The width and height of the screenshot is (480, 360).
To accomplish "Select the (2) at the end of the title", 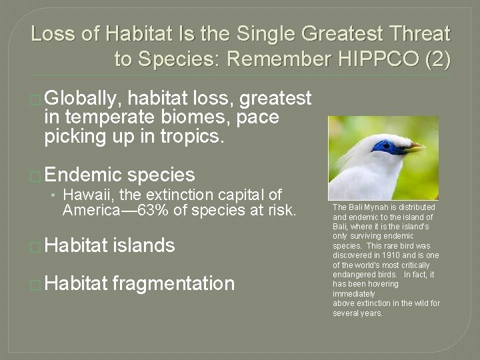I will click(x=437, y=59).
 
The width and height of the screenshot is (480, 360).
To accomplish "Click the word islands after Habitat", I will click(x=144, y=245).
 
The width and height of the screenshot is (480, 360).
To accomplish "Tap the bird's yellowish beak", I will click(x=414, y=147).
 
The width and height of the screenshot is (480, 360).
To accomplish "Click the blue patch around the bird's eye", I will click(x=387, y=145).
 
